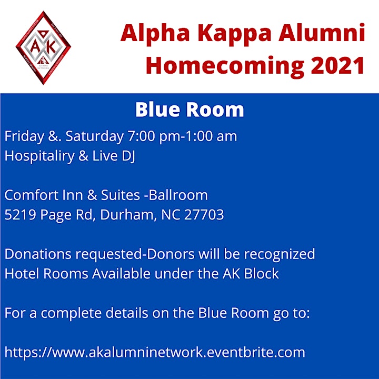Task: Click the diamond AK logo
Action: (x=43, y=47)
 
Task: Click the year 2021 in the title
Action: (x=337, y=65)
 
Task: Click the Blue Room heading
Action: (x=189, y=109)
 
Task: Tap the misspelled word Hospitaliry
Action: (x=39, y=156)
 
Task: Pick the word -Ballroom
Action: (x=176, y=195)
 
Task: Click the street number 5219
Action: (x=21, y=215)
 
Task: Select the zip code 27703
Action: (x=204, y=215)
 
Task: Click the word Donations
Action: (x=38, y=254)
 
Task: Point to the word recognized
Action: (x=280, y=255)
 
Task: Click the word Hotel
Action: (x=22, y=274)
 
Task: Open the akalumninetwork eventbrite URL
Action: (x=155, y=352)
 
